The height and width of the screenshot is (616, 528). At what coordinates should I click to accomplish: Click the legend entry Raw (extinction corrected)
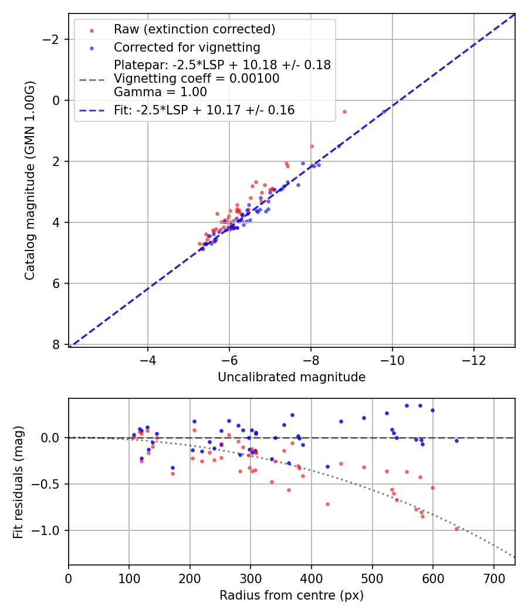(x=194, y=29)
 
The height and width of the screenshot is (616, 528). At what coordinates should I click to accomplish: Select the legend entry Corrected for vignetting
(x=187, y=47)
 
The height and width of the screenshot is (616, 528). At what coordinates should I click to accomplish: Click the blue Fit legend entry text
(x=204, y=110)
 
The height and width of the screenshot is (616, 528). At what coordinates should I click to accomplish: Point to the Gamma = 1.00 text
(x=160, y=92)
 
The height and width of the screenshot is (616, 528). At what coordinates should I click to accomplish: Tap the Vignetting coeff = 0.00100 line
(x=197, y=78)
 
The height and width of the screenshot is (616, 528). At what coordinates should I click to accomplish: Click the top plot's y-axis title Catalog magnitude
(x=29, y=180)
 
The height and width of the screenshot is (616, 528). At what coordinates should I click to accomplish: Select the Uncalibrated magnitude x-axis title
(x=292, y=377)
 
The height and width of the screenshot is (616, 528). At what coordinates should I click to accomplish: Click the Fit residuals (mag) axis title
(x=18, y=482)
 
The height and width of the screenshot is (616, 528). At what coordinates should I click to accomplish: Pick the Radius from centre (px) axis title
(x=292, y=595)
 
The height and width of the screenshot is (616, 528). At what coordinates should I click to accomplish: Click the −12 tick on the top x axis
(x=474, y=360)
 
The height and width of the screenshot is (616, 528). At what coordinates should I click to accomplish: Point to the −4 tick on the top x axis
(x=148, y=360)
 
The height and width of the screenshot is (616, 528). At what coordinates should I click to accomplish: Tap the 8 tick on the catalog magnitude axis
(x=57, y=344)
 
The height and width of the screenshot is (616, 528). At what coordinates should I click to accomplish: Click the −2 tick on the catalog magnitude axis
(x=53, y=39)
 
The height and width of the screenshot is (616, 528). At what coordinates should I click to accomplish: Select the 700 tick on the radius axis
(x=493, y=578)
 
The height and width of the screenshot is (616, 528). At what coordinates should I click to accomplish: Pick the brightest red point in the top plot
(x=344, y=111)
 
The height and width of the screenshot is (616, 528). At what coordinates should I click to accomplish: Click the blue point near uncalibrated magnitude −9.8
(x=384, y=111)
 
